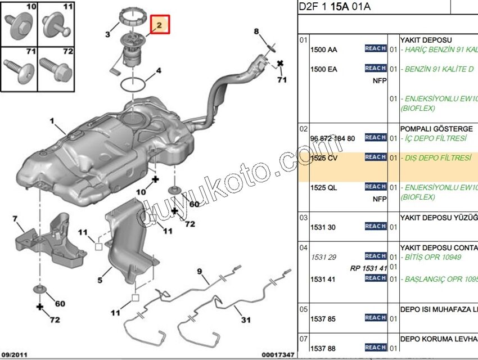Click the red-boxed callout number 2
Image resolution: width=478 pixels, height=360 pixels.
[159, 25]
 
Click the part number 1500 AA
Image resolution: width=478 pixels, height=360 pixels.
[324, 50]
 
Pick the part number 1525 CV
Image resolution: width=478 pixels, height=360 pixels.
[324, 159]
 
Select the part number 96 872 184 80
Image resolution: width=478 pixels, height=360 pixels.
[333, 138]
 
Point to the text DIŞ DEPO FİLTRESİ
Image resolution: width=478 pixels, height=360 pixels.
[438, 158]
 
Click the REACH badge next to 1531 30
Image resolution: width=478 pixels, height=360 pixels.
[375, 226]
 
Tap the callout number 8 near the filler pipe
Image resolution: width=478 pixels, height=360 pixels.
[256, 31]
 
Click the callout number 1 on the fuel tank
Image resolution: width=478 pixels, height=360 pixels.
[52, 121]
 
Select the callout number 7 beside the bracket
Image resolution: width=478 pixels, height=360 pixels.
[15, 219]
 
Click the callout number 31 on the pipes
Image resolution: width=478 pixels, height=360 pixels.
[246, 320]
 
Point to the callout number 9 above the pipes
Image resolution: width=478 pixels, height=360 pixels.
[199, 272]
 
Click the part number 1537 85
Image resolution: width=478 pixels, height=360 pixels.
[323, 319]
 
